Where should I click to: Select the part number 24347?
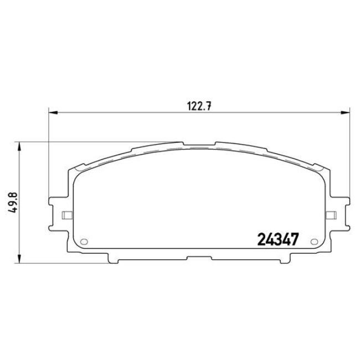tap(279, 239)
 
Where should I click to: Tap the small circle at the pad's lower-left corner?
tap(85, 242)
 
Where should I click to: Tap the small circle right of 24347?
tap(315, 242)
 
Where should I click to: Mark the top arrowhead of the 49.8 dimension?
tap(20, 146)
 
